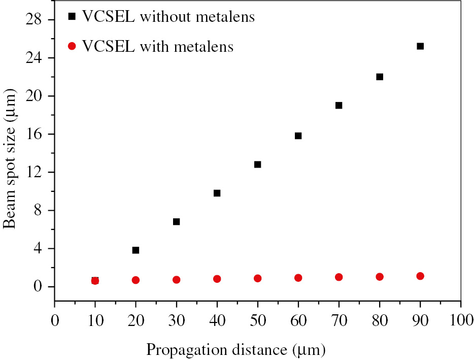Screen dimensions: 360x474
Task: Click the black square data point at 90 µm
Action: (x=420, y=46)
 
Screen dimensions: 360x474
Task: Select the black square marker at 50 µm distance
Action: (x=258, y=165)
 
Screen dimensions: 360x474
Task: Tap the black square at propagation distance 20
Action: (x=136, y=250)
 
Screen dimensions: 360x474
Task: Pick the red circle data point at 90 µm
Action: (x=420, y=276)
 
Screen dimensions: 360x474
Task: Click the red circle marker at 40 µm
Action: (x=217, y=279)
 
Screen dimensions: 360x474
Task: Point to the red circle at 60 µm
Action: (x=298, y=278)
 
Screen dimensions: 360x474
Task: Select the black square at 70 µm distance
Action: (x=339, y=106)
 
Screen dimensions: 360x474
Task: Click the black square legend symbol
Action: (x=72, y=17)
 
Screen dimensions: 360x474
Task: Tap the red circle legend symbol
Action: (x=72, y=47)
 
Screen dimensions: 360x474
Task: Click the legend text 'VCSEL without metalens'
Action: (x=168, y=17)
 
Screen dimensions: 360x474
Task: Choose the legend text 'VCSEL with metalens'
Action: (x=158, y=47)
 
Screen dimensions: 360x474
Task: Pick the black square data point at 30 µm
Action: (x=177, y=222)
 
